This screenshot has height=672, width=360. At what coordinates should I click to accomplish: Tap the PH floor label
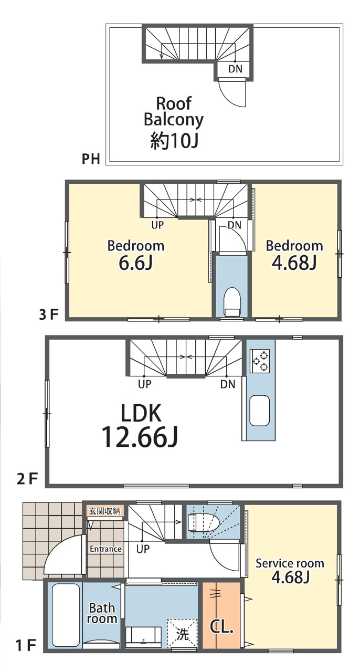coord(91,159)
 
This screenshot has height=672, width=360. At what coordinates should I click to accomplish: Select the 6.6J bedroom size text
coord(136,263)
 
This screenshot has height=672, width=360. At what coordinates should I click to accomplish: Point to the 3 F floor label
coord(48,315)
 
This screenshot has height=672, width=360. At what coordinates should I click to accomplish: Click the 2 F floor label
coord(27,479)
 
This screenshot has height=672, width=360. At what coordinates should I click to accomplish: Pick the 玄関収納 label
coord(105,511)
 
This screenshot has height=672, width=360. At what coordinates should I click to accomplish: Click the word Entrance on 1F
coord(105,549)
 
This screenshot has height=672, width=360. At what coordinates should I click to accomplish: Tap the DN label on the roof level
coord(235,69)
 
